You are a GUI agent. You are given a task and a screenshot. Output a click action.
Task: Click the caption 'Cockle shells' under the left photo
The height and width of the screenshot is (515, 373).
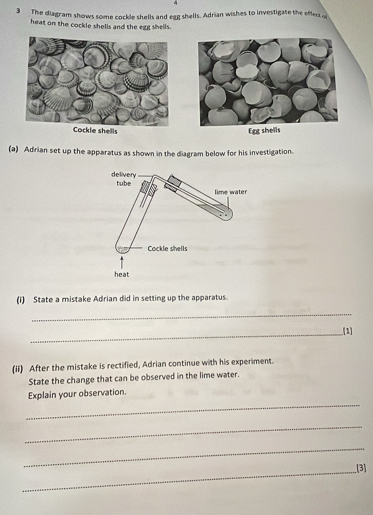point(95,130)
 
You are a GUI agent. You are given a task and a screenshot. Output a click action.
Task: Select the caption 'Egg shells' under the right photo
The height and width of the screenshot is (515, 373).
point(264,130)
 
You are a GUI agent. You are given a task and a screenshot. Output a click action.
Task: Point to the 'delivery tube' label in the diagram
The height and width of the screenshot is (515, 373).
point(124,179)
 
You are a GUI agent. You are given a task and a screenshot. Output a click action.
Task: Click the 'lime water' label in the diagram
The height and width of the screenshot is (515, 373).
point(230,192)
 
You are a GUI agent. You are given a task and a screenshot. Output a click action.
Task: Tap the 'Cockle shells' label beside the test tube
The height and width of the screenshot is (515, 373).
point(167,248)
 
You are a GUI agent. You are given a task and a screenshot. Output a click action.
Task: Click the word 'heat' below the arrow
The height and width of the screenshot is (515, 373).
point(121,274)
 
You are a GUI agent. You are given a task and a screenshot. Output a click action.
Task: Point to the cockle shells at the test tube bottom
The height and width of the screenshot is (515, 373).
point(123,248)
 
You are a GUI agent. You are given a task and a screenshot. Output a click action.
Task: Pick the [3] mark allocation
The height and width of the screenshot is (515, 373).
point(361,468)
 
